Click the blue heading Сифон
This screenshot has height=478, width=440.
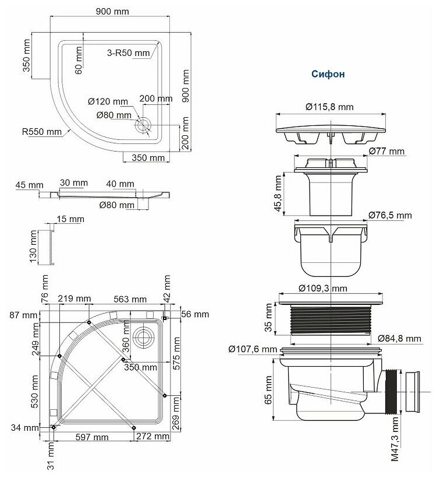[328, 74]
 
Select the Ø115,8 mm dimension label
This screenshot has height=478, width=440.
[329, 107]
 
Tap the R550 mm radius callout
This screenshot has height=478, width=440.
[42, 132]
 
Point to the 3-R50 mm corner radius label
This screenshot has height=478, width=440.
[129, 53]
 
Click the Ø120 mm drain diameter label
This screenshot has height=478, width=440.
[108, 101]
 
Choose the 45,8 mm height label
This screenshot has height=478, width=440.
[278, 194]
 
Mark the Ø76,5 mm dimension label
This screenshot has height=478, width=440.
[390, 215]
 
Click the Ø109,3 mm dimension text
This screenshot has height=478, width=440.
[323, 288]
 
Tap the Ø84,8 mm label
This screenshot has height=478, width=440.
[399, 338]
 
